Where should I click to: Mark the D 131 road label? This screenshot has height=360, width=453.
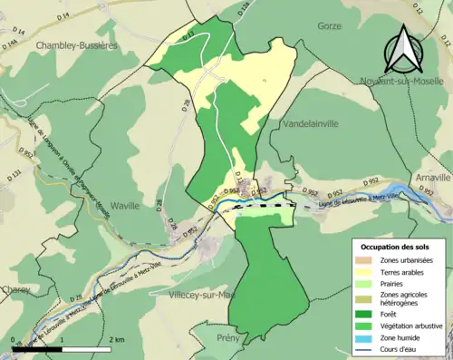pos(14,173)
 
